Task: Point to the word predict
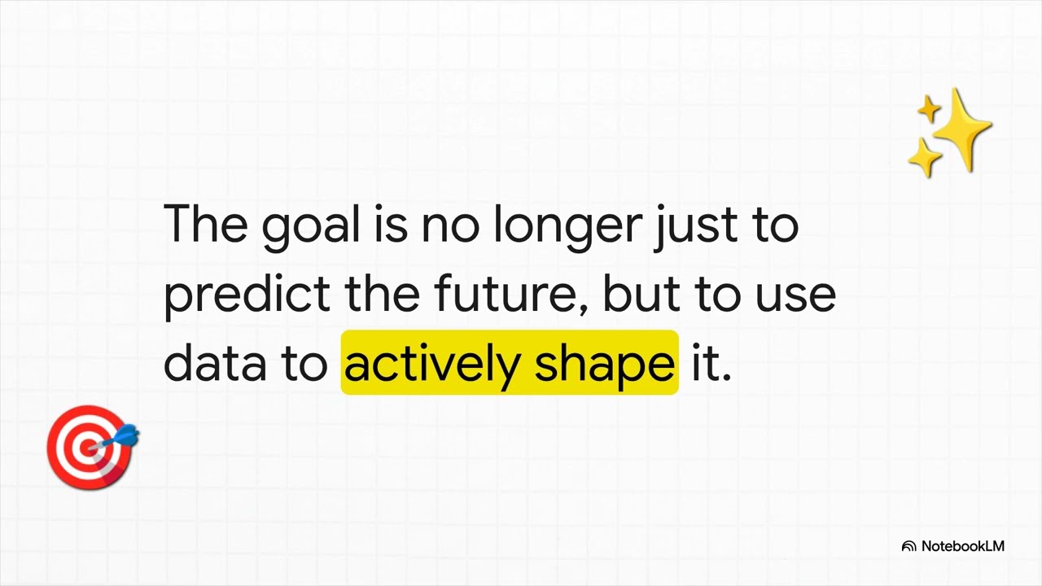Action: [x=247, y=295]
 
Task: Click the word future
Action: [x=501, y=293]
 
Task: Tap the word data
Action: [x=215, y=363]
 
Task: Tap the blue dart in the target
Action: [x=124, y=436]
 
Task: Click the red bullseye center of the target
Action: [x=87, y=447]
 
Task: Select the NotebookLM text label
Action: [x=962, y=546]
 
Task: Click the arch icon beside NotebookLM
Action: [x=909, y=547]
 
